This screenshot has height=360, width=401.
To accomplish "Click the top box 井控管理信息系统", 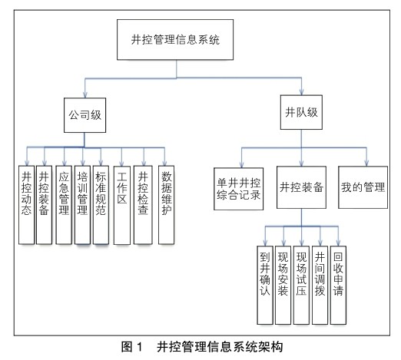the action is pos(175,40).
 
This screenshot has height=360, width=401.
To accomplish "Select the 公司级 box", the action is pos(85,115).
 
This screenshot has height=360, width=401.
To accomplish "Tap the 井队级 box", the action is pos(301,112).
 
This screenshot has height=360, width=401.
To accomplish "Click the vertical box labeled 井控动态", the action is pos(26,205).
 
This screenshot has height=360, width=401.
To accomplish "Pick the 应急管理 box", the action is pos(64,205).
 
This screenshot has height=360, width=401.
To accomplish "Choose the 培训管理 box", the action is pos(82,205).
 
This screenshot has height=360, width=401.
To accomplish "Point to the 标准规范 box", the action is pos(101,205).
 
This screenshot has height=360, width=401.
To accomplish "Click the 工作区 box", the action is pos(122,205).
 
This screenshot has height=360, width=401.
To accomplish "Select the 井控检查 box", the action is pos(143,205).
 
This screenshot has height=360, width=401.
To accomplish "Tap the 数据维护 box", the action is pos(166,205).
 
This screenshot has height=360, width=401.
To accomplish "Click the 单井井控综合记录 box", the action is pos(239,189).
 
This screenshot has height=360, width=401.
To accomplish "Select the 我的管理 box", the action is pos(363,187).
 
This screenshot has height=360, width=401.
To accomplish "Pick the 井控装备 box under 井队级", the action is pos(301,187).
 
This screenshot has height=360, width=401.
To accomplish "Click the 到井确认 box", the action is pos(265,286).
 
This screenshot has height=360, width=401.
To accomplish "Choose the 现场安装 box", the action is pos(283,286).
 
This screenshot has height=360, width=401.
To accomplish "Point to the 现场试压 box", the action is pos(301,286).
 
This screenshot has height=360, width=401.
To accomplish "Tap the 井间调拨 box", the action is pos(320,286).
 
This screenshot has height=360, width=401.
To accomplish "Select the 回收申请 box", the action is pos(338,286).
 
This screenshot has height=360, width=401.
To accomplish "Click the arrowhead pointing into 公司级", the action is pos(85,95).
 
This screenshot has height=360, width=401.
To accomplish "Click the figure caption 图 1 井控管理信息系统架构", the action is pos(202,347).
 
